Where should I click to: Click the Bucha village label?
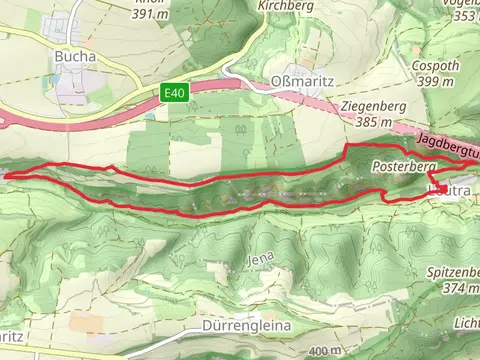pos(76,57)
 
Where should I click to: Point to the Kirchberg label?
pos(258,5)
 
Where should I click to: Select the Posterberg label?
pos(402,165)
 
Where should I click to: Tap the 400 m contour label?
pos(319,351)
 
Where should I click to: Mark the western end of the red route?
pos(8,176)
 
